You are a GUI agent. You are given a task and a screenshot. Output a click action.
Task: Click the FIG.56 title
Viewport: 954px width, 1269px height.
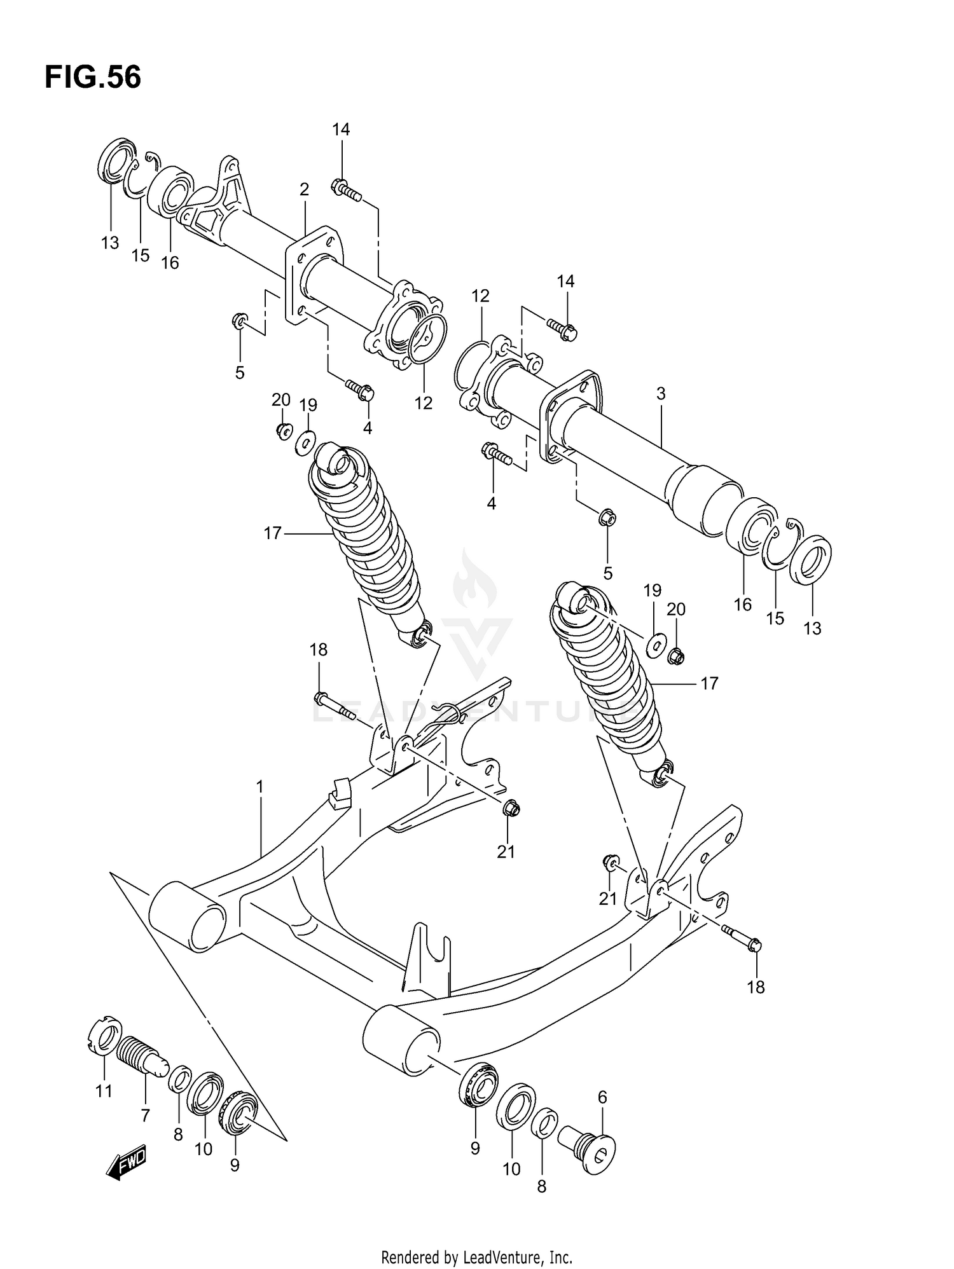(93, 78)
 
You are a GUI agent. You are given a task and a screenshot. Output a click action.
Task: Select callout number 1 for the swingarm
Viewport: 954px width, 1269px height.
(259, 787)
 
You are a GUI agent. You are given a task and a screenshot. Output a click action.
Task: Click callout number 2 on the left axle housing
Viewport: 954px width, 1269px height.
(304, 189)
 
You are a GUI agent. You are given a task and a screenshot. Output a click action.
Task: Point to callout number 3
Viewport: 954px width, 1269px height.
(661, 394)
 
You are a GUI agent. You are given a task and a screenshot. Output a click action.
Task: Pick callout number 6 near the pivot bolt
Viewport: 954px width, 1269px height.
(602, 1097)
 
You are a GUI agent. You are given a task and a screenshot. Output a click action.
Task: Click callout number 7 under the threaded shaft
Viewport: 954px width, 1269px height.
(145, 1116)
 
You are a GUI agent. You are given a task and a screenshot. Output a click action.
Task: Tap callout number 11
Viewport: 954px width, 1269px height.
(104, 1091)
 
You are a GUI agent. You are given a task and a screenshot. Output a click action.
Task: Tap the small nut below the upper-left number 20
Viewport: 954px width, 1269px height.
(283, 431)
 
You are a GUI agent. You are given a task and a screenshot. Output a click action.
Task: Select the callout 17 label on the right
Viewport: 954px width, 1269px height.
(709, 683)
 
